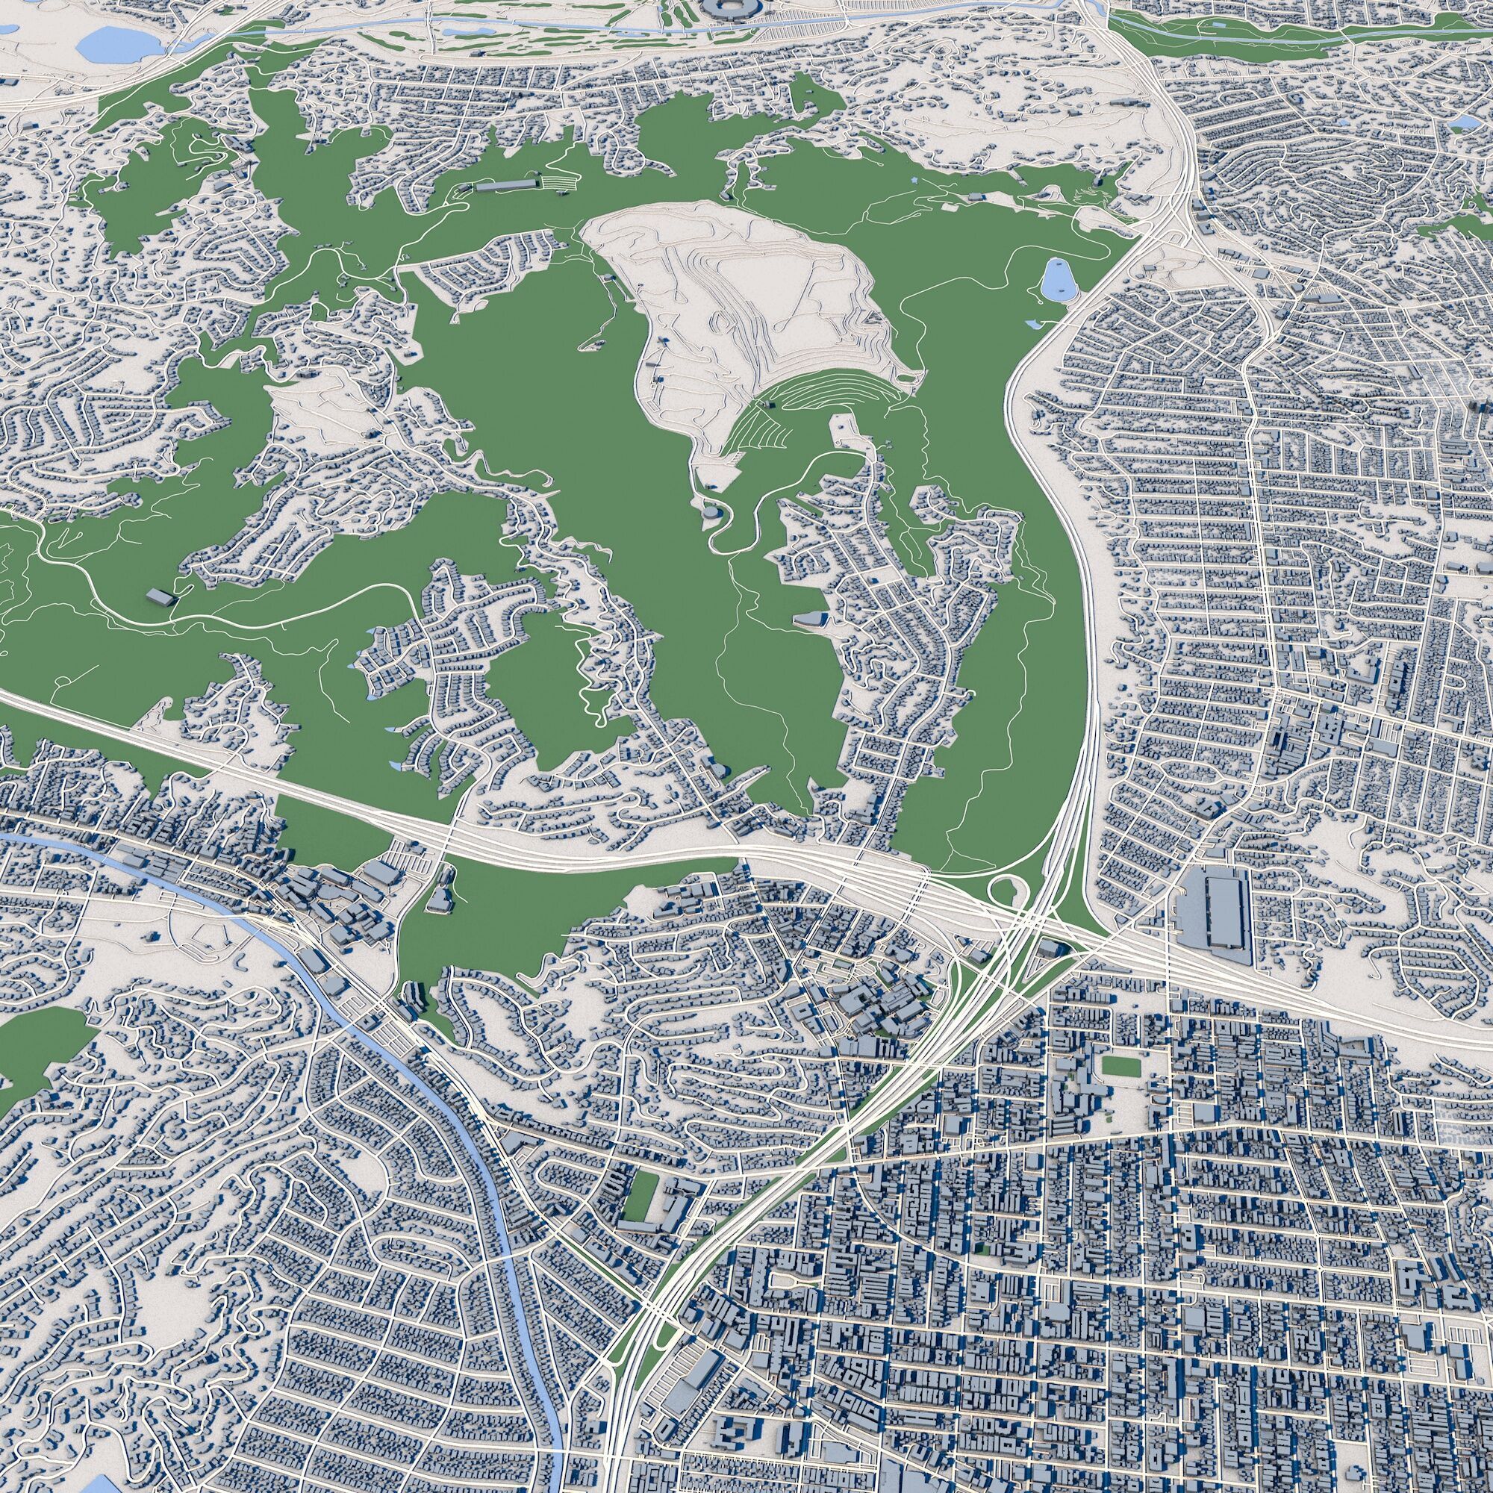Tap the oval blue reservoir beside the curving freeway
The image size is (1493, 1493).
(x=1056, y=280)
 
